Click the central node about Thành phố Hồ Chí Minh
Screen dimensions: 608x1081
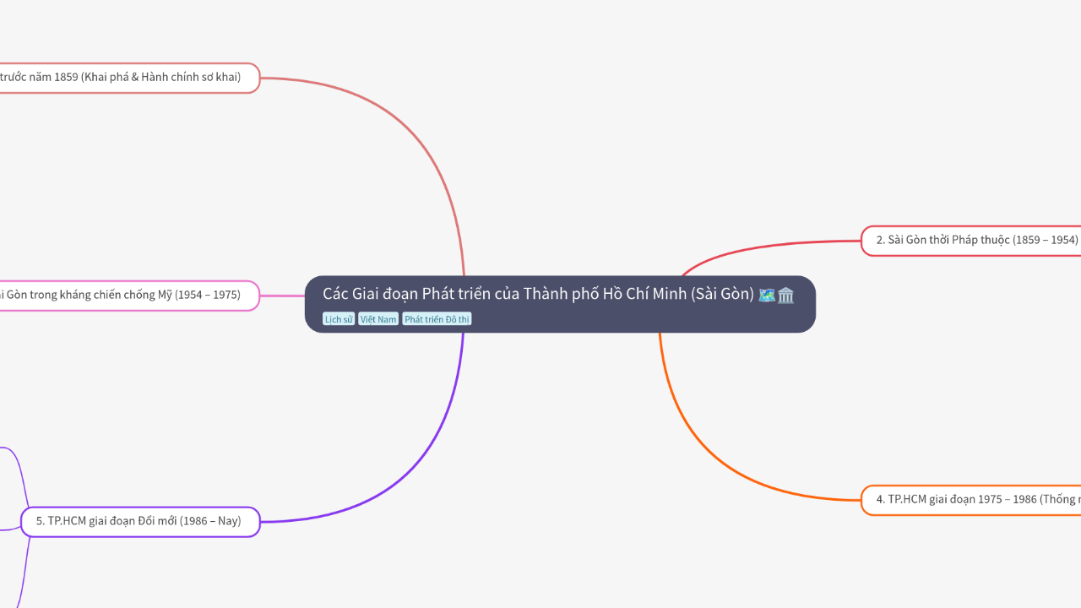point(540,295)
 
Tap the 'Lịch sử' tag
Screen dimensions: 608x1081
point(339,319)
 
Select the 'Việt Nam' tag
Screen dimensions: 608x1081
point(378,319)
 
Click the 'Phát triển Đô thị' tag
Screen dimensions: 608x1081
point(437,319)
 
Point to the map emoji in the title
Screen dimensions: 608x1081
point(767,295)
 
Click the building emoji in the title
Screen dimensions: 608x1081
point(786,295)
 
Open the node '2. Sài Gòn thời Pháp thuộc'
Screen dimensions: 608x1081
point(971,241)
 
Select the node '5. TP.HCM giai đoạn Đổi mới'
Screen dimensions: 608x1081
point(140,522)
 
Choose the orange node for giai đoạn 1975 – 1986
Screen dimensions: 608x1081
point(971,500)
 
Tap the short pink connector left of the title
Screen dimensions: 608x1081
point(283,296)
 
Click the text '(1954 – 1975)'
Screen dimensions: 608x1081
point(207,296)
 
